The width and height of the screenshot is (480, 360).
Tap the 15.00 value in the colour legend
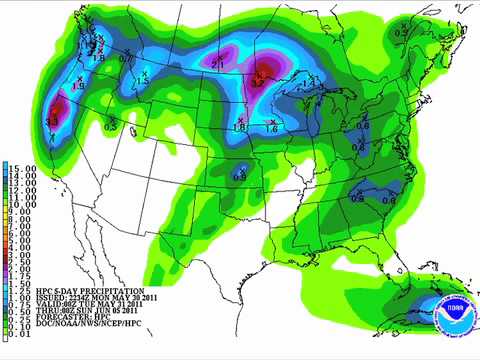tap(23, 167)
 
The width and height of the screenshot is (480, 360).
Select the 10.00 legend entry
tap(23, 205)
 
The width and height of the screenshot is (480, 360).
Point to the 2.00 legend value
tap(21, 271)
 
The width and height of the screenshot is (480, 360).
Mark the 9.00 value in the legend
tap(21, 213)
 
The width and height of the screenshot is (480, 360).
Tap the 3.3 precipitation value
tap(52, 122)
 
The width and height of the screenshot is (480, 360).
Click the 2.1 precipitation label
tap(219, 63)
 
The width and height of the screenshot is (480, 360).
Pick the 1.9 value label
tap(78, 88)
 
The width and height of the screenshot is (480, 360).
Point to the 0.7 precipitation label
tap(125, 58)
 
